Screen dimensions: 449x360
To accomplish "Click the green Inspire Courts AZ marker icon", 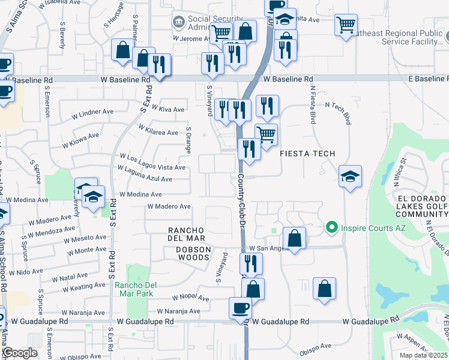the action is tap(331, 228).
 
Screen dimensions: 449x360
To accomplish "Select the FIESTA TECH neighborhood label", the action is tap(307, 154).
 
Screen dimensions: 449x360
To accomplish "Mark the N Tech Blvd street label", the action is tap(338, 112).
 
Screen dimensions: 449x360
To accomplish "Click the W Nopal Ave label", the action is tap(190, 298).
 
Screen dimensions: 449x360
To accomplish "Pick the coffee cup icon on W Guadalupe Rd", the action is tap(240, 308).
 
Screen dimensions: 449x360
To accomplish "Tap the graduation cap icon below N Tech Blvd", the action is tap(350, 176).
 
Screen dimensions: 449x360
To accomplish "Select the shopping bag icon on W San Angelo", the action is tap(295, 238).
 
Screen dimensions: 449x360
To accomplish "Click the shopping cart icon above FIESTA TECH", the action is tap(266, 134).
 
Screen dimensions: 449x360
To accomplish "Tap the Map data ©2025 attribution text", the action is tap(424, 355).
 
